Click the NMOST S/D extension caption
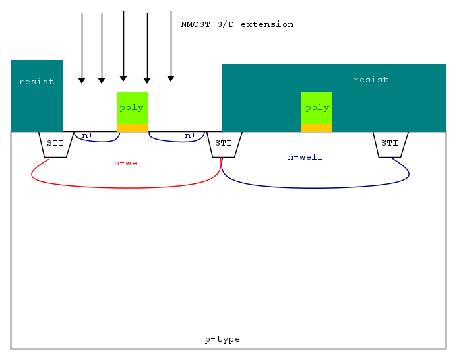(237, 24)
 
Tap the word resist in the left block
(36, 82)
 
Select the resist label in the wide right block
(371, 80)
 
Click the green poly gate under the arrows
(132, 107)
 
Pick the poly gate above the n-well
(317, 107)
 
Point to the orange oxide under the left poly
(132, 128)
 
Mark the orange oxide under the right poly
(317, 128)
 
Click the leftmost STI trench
(55, 144)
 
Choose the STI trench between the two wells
(224, 144)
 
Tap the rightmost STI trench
(390, 144)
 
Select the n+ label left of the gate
(88, 135)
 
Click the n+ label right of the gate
(191, 135)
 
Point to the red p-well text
(131, 163)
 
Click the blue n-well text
(305, 157)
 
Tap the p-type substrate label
(222, 339)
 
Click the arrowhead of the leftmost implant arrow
(82, 80)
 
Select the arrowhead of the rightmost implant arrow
(171, 78)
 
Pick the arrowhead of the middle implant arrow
(123, 78)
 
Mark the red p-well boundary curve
(125, 188)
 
